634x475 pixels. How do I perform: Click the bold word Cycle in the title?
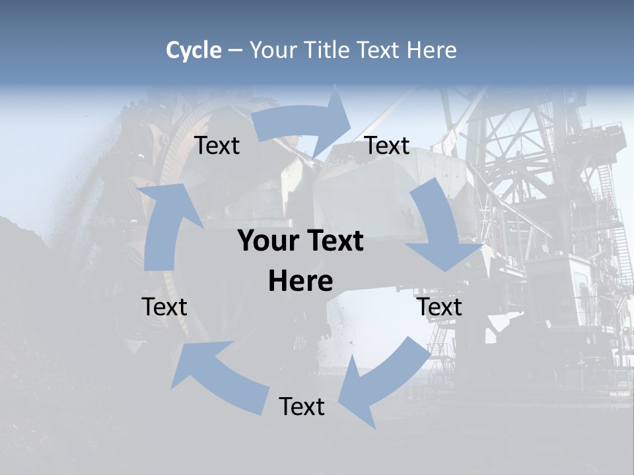tap(194, 50)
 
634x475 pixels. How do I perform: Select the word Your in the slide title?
tap(273, 50)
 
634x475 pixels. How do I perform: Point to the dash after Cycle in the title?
tap(235, 51)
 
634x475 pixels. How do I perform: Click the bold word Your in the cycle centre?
tap(269, 241)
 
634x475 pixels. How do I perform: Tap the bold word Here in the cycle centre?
tap(300, 282)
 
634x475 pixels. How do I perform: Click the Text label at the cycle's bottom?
tap(302, 406)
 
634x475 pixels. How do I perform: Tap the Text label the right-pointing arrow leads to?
tap(387, 145)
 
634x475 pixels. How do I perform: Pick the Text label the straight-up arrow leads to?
tap(217, 145)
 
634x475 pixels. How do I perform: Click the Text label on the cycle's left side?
tap(164, 307)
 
